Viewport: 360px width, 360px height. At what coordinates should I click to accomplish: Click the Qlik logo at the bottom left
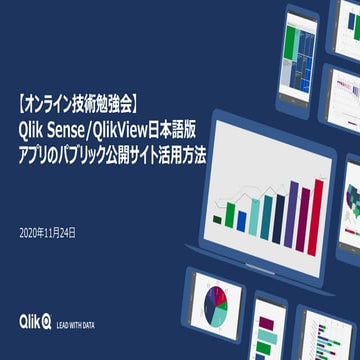[32, 321]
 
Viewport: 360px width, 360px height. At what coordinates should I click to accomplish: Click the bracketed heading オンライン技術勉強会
[84, 102]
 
